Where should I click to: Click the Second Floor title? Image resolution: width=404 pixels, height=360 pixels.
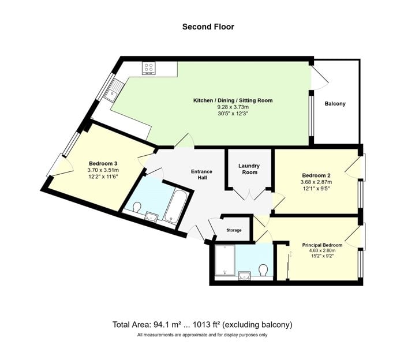(208, 27)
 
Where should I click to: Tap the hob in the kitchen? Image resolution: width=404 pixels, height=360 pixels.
(149, 68)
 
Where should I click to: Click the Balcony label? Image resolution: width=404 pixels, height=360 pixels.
(335, 104)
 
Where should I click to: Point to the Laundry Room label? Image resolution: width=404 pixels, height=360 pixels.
(249, 169)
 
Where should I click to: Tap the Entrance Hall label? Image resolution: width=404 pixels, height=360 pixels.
(201, 174)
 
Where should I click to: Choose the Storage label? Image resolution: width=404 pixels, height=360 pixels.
(234, 230)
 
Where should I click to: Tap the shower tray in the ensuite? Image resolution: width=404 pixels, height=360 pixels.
(225, 260)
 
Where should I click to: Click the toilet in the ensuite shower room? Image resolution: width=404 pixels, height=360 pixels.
(263, 270)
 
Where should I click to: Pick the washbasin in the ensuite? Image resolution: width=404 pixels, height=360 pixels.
(244, 276)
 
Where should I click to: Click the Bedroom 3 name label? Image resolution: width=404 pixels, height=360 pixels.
(103, 163)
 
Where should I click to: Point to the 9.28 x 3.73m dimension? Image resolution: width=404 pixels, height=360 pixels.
(233, 107)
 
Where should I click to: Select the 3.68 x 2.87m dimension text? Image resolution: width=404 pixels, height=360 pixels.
(316, 182)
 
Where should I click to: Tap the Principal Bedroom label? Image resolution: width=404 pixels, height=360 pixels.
(322, 245)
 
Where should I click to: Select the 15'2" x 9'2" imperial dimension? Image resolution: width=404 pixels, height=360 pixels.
(322, 256)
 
